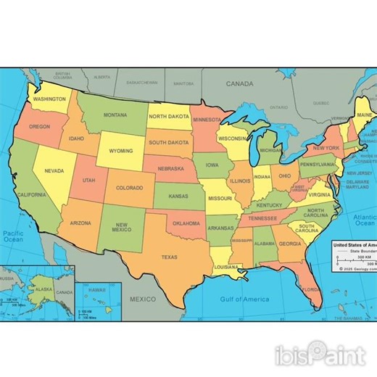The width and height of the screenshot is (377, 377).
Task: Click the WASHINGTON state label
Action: [50, 99]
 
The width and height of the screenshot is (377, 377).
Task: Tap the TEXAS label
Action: [169, 257]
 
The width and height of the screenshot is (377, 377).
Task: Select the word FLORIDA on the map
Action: [310, 289]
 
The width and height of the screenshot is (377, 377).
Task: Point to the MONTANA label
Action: [115, 115]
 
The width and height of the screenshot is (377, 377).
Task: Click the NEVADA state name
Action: [54, 170]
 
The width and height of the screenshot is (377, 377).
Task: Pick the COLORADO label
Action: [130, 188]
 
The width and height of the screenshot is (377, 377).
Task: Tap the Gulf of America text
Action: [244, 299]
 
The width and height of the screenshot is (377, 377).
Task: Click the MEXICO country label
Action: [142, 299]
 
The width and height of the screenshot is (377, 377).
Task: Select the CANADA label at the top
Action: [239, 84]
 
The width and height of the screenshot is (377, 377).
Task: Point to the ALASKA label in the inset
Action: [44, 289]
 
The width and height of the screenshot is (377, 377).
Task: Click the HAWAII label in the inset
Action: [96, 290]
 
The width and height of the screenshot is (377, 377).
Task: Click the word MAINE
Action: [364, 115]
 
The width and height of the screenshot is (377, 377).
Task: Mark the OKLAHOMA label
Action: [186, 223]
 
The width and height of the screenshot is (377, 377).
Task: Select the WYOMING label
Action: [120, 151]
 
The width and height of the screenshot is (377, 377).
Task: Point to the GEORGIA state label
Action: [290, 244]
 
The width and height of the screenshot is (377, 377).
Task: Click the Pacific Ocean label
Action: [13, 238]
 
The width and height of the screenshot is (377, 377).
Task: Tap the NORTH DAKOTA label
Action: [169, 116]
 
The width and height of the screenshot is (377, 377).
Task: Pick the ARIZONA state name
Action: [80, 223]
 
